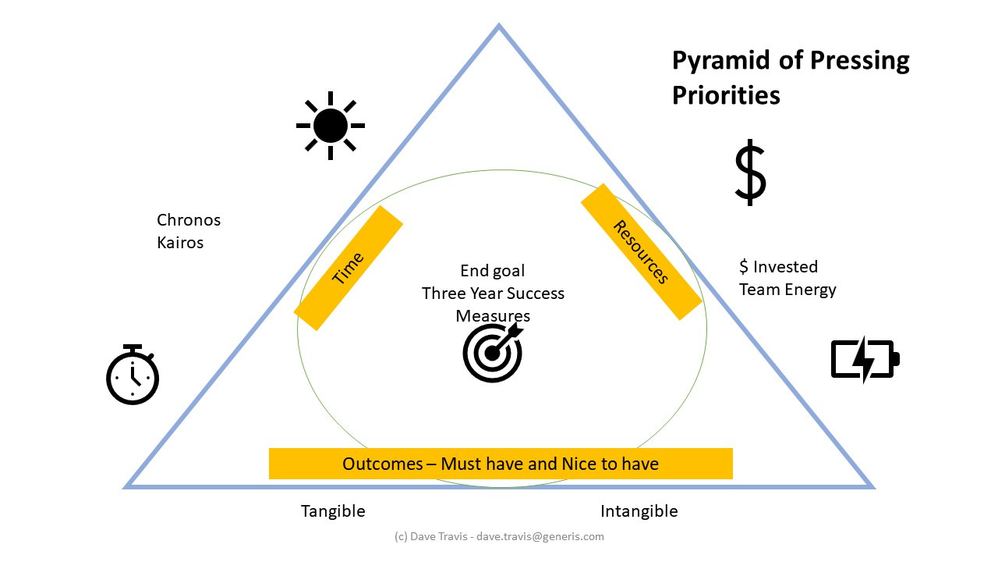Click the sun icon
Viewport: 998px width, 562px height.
click(x=331, y=126)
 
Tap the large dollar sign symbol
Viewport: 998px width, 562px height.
click(x=750, y=173)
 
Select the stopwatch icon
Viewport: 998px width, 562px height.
click(x=133, y=375)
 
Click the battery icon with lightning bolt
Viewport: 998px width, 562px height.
click(x=865, y=360)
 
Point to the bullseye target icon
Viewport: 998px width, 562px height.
click(x=493, y=353)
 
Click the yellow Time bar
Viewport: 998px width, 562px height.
click(x=348, y=269)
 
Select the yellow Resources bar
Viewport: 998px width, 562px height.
click(x=641, y=252)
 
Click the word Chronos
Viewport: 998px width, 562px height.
click(x=189, y=220)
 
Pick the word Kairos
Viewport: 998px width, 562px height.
click(x=180, y=243)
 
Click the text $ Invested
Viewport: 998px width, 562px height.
click(x=778, y=267)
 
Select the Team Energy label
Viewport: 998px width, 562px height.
click(x=787, y=290)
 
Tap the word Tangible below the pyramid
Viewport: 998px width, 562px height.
click(x=333, y=511)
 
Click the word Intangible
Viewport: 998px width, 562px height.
click(x=639, y=511)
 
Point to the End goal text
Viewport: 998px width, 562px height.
click(x=492, y=271)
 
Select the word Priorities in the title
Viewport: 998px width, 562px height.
click(x=726, y=95)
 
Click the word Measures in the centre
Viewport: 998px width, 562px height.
click(x=493, y=316)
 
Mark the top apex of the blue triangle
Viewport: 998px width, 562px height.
click(x=499, y=27)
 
